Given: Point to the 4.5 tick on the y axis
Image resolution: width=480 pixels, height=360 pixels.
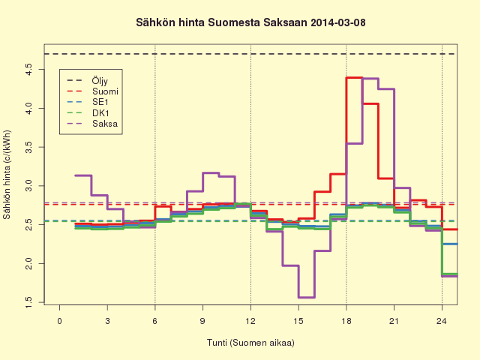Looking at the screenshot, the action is pos(29,70).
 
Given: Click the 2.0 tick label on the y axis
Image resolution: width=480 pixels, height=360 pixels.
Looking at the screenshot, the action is pos(29,263).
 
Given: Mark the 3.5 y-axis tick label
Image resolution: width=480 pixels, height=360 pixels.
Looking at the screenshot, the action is pos(29,147).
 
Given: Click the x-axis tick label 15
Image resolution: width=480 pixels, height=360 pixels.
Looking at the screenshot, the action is pos(298,321).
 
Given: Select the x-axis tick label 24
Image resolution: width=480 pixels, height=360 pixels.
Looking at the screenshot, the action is pos(442,321).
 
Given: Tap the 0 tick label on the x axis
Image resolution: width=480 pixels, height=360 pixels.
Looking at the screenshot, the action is pos(60,321).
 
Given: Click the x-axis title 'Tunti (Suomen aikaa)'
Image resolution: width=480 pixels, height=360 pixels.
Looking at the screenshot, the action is pos(250,343).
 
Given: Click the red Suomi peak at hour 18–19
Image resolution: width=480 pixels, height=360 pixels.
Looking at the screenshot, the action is pos(354,78).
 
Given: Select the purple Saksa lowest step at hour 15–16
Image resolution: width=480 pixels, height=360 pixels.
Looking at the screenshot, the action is pos(307,297).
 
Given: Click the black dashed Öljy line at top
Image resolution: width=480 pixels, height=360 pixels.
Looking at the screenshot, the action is pos(250,54).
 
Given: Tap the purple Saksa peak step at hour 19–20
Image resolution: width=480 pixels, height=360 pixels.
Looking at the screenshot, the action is pos(370,79).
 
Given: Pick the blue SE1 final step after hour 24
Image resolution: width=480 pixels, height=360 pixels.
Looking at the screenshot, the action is pos(450,244).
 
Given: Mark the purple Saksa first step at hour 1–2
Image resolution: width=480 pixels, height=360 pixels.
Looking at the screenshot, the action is pos(83,175).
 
